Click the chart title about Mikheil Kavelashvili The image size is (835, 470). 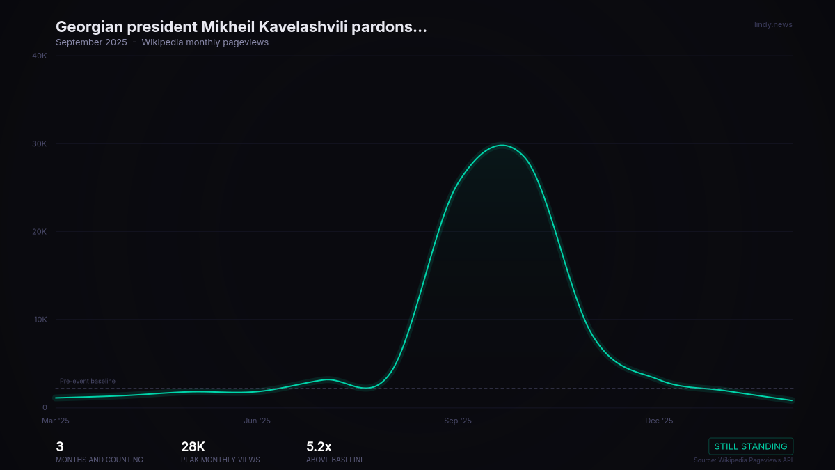pos(241,27)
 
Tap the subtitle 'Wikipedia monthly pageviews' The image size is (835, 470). pos(205,42)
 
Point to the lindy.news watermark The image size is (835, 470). pos(773,25)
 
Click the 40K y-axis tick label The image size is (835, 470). pos(40,56)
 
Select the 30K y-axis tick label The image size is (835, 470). pos(40,144)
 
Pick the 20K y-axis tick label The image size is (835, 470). pos(40,232)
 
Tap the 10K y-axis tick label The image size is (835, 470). pos(40,320)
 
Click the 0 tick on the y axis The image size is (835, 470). pos(45,407)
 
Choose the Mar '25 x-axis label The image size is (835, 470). pos(56,421)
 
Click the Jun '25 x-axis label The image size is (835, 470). pos(257,421)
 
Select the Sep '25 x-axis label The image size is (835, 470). pos(458,421)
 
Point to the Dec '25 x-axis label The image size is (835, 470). pos(659,421)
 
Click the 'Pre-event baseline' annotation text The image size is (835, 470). pos(88,381)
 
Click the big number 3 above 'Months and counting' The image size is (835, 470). pos(60,447)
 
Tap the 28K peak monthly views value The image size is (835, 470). pos(193,447)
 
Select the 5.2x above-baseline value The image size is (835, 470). pos(319,447)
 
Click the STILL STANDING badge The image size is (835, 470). pos(751,446)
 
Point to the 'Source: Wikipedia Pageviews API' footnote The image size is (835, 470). pos(743,460)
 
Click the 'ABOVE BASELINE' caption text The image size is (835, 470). pos(335,460)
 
